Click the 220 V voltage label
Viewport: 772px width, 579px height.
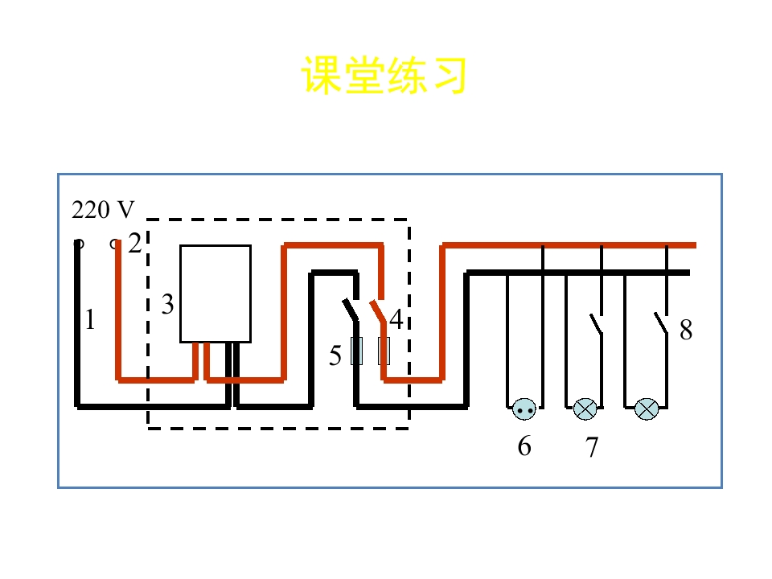click(x=103, y=210)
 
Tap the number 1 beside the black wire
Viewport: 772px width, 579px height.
click(x=89, y=319)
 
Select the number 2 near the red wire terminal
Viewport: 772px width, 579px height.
click(x=134, y=243)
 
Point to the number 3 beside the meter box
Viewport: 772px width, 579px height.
click(x=167, y=304)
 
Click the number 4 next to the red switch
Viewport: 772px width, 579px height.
click(x=396, y=319)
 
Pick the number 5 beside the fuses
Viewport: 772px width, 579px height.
click(x=335, y=355)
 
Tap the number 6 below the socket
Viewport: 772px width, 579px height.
click(x=524, y=446)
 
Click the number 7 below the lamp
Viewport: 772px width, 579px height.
click(x=592, y=447)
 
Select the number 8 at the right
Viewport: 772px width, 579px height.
click(x=686, y=330)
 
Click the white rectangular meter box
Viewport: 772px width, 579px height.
click(x=216, y=294)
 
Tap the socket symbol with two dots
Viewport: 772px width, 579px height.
click(x=524, y=409)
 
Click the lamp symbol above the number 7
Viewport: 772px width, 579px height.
click(x=585, y=409)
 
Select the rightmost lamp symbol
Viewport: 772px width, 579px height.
click(x=647, y=409)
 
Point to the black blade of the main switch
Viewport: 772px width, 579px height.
click(x=351, y=310)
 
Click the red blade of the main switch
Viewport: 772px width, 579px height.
click(x=378, y=311)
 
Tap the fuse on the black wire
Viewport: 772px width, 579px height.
click(x=356, y=351)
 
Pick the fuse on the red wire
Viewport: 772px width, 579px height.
click(x=384, y=351)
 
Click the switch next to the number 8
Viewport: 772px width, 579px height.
click(x=661, y=323)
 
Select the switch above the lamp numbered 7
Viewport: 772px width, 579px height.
click(x=596, y=323)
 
